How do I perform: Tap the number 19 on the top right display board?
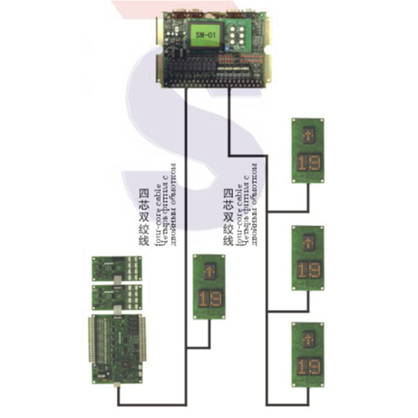307,163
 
